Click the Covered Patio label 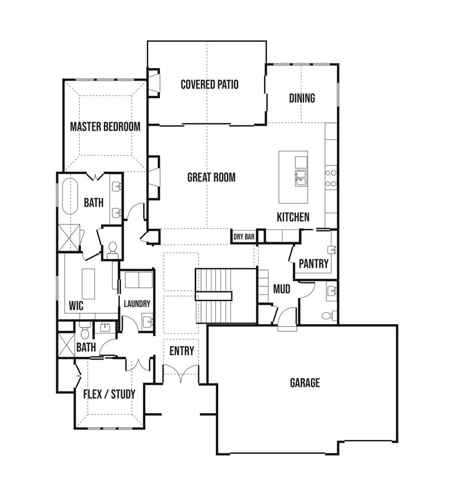pyautogui.click(x=209, y=84)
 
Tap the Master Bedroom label pyautogui.click(x=105, y=126)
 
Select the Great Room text pyautogui.click(x=211, y=177)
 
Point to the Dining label pyautogui.click(x=302, y=98)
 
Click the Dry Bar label pyautogui.click(x=244, y=237)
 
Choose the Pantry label pyautogui.click(x=313, y=263)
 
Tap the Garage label pyautogui.click(x=305, y=383)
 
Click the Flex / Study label pyautogui.click(x=109, y=394)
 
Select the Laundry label pyautogui.click(x=137, y=304)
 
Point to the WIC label pyautogui.click(x=76, y=306)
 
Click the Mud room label pyautogui.click(x=281, y=289)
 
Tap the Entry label pyautogui.click(x=182, y=351)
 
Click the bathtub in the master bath pyautogui.click(x=70, y=196)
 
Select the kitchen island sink pyautogui.click(x=301, y=178)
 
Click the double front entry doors pyautogui.click(x=181, y=373)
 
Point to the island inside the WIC pyautogui.click(x=88, y=284)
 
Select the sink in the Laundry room pyautogui.click(x=147, y=322)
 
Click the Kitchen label pyautogui.click(x=293, y=217)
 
